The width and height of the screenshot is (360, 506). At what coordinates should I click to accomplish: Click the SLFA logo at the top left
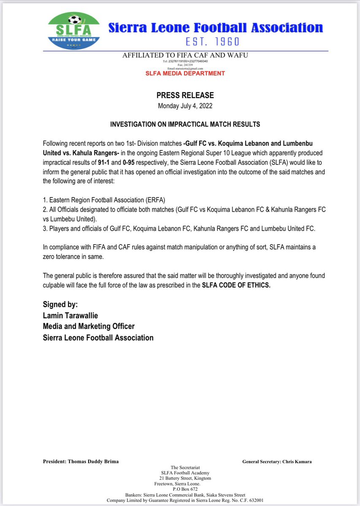(75, 30)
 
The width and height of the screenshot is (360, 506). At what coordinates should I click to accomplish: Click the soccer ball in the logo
(75, 20)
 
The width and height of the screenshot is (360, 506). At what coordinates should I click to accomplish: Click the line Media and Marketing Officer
(89, 326)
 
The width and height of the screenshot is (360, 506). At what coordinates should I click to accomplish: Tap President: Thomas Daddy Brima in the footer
(81, 461)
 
